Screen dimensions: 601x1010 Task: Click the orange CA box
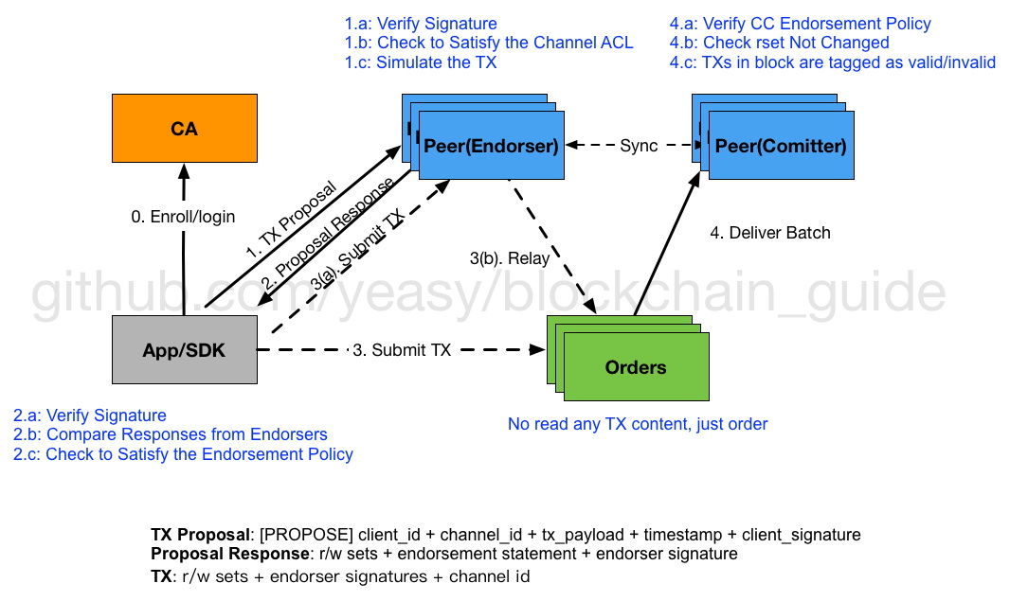click(x=184, y=129)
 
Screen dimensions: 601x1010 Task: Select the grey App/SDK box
click(x=184, y=350)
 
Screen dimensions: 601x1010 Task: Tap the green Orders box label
click(x=635, y=367)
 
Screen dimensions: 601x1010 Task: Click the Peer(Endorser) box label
click(x=491, y=146)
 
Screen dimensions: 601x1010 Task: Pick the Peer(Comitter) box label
click(x=781, y=146)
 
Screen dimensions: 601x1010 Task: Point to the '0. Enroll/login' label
click(x=183, y=217)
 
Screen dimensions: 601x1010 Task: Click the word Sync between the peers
click(x=639, y=146)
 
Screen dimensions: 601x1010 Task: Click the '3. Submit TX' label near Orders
click(x=402, y=350)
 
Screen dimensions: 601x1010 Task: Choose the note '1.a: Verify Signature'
click(x=421, y=24)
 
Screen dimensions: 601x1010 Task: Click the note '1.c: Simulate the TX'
click(x=421, y=62)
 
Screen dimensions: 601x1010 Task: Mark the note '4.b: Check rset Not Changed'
click(x=779, y=43)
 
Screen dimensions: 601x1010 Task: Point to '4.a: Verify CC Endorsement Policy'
click(x=800, y=24)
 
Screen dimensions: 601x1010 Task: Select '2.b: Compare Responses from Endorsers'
click(x=171, y=434)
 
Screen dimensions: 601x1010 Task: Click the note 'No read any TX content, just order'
click(x=638, y=424)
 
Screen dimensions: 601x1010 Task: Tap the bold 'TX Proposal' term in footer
click(x=199, y=535)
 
